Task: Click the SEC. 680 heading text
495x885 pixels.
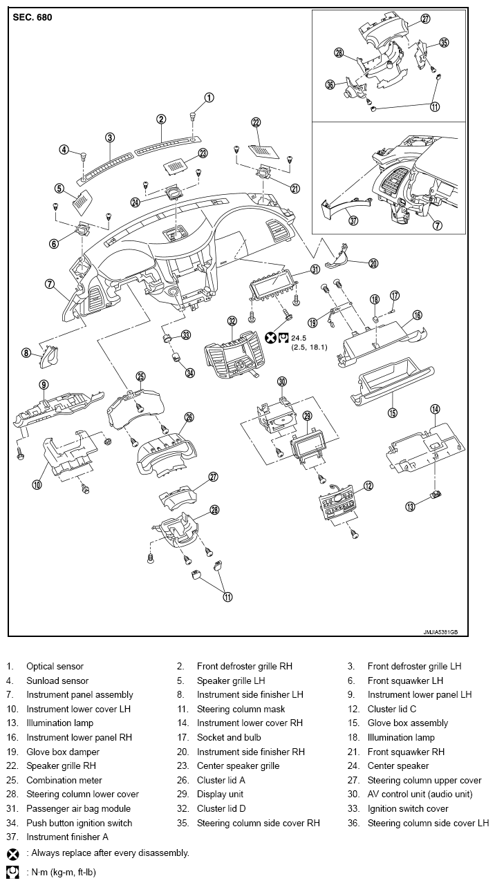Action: tap(32, 17)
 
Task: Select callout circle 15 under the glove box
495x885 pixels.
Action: tap(392, 412)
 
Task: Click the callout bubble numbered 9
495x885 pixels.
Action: tap(43, 384)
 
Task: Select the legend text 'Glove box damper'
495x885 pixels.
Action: tap(62, 752)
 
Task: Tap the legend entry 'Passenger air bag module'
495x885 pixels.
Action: tap(78, 808)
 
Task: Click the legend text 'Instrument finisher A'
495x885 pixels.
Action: tap(67, 837)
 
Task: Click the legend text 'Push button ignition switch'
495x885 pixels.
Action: tap(79, 823)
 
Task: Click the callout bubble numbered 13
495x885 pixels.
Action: tap(410, 506)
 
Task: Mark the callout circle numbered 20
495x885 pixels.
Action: tap(373, 263)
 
